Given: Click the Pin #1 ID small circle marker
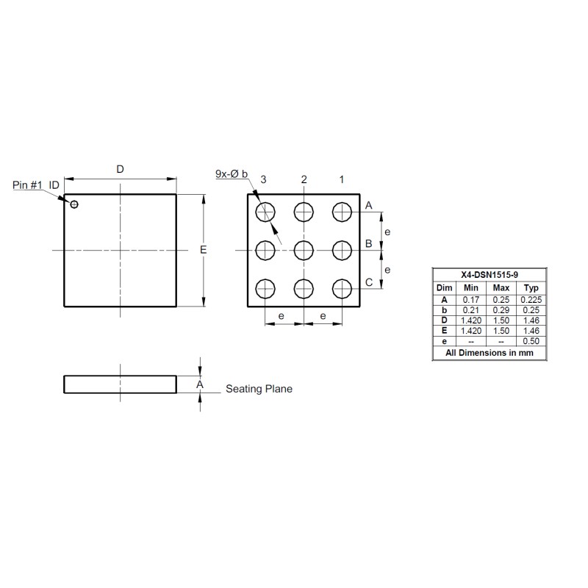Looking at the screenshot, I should (73, 204).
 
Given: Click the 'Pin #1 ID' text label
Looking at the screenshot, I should (36, 184).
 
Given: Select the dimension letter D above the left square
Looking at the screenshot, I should (121, 169).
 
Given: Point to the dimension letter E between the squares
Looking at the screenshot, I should (203, 251).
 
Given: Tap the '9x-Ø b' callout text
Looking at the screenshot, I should (232, 173).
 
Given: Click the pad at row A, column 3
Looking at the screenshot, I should (265, 212).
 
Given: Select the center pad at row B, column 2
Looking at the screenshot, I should (304, 251).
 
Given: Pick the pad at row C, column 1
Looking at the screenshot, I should (343, 289).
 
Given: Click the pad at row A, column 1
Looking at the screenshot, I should (343, 212).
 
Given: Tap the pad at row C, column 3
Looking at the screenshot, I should (265, 289).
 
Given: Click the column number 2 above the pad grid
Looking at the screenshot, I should (304, 179).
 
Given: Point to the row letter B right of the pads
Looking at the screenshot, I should (369, 244).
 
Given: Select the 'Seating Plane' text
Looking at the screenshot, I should (259, 389).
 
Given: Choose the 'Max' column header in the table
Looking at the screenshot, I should (501, 287).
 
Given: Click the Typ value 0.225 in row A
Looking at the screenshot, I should (533, 300).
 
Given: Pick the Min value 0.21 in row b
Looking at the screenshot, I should (471, 310).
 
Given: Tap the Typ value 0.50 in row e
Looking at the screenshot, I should (533, 341).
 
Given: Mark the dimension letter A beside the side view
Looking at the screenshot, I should (199, 384).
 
